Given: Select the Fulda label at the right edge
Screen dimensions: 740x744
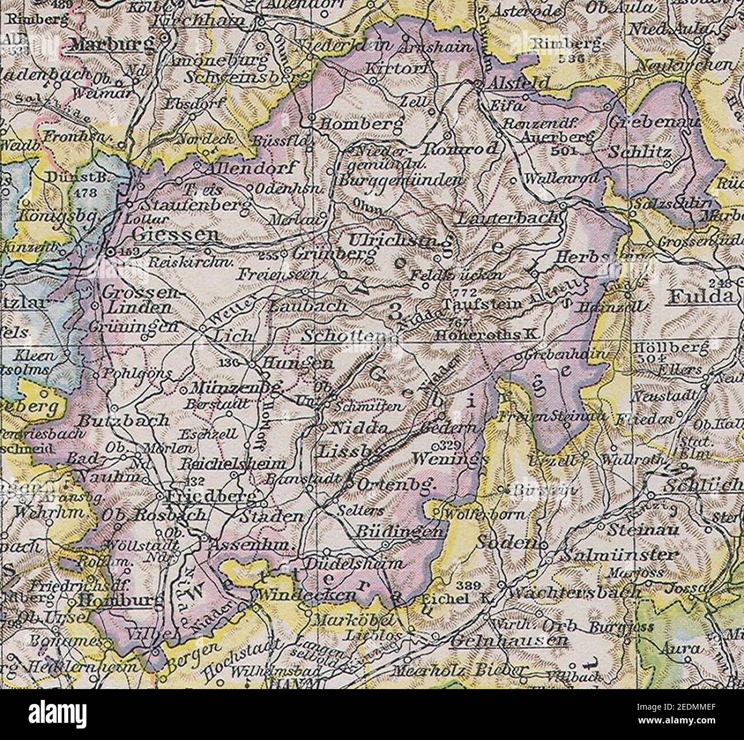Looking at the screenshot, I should point(701,296).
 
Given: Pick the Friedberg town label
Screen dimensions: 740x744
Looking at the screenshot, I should point(211,496).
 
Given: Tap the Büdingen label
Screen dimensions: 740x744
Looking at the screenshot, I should point(400,532).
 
